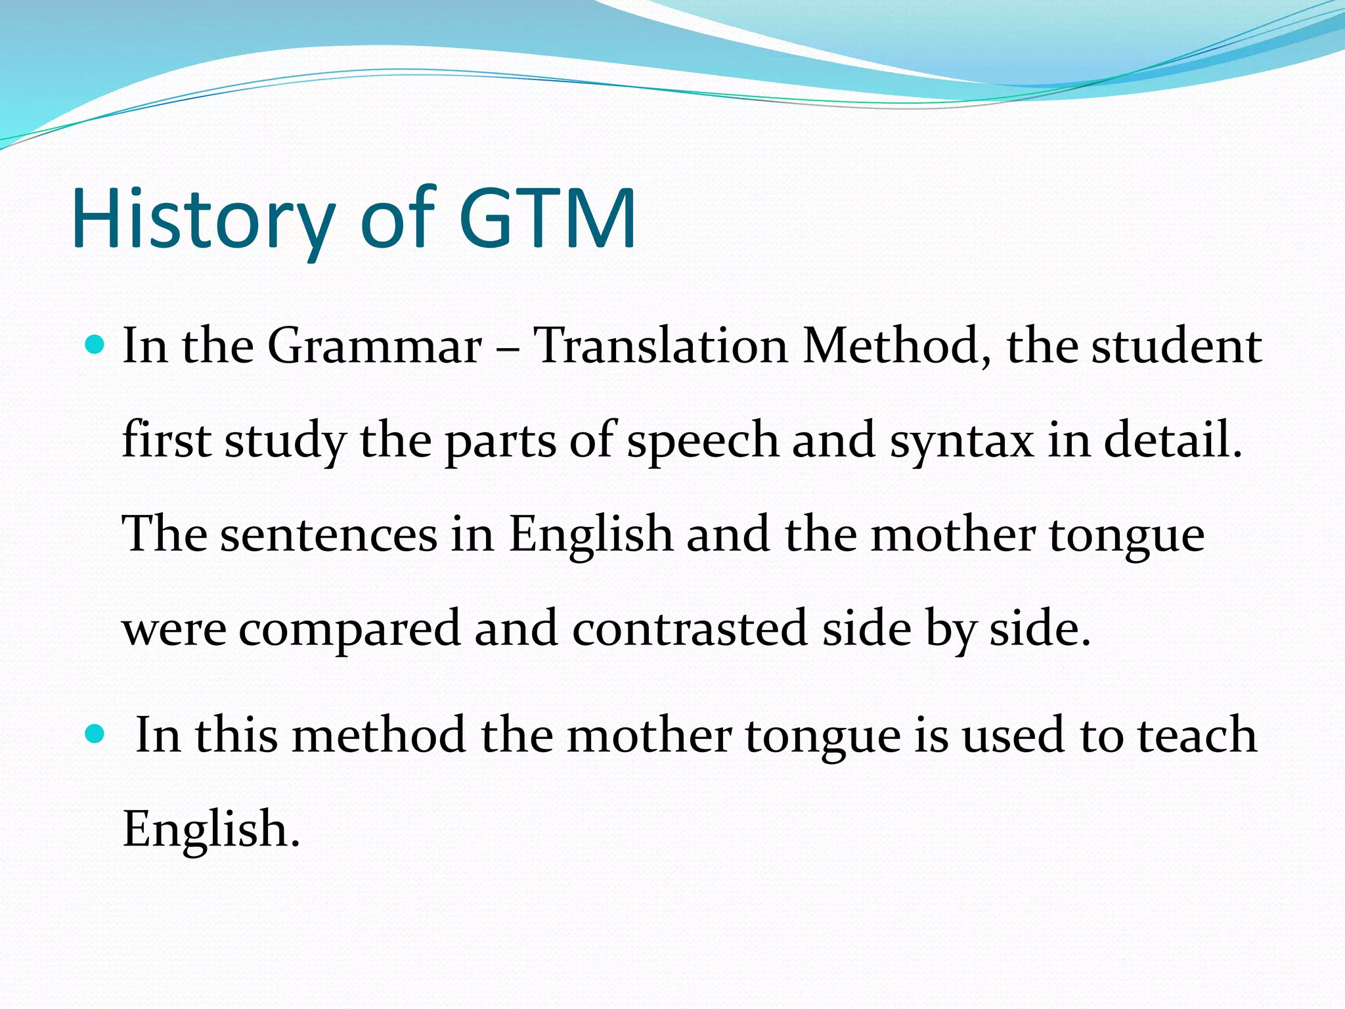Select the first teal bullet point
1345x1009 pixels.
pos(95,344)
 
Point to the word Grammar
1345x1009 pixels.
pos(374,346)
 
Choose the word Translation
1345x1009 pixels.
pos(659,346)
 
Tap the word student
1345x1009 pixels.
pos(1176,346)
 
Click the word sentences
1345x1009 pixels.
pos(328,534)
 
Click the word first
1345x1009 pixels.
pos(167,440)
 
